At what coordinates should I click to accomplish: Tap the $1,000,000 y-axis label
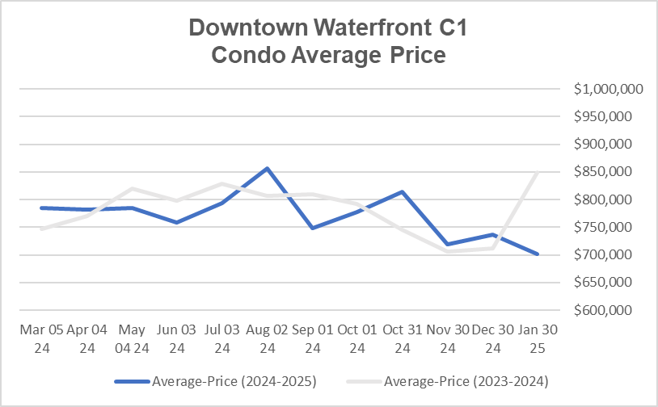tap(608, 90)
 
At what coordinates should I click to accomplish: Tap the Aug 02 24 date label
tap(267, 339)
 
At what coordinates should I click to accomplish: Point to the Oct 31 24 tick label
tap(403, 339)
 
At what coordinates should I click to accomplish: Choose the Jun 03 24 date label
tap(176, 339)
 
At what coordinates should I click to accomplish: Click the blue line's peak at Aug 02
tap(267, 168)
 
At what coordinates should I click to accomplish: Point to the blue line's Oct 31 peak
tap(403, 191)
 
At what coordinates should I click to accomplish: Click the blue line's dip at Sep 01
tap(312, 228)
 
